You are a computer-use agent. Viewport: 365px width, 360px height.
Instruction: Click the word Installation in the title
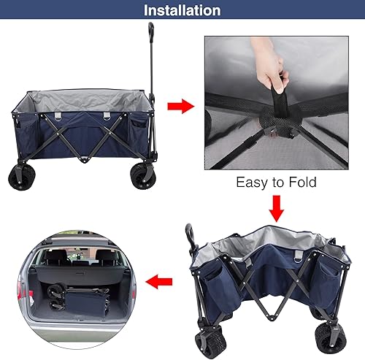182,10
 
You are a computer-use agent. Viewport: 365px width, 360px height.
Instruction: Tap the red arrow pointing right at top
180,107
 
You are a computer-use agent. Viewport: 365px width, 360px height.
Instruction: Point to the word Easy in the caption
252,183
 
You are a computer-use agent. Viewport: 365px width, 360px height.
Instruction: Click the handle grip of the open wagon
150,34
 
